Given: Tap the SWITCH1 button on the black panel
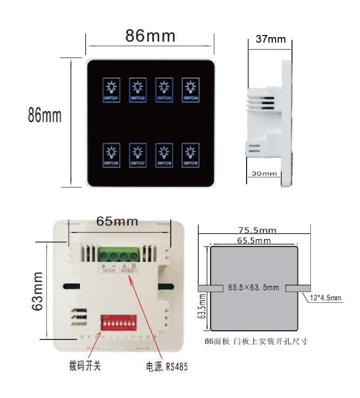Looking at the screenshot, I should point(112,90).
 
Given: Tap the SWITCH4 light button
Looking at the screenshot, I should point(190,90).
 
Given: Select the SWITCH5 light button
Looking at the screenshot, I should point(190,155).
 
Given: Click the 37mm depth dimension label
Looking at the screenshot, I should point(271,39).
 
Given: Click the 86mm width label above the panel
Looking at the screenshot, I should point(150,36).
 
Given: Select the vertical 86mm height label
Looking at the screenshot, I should point(45,115).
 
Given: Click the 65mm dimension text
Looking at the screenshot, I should point(117,221).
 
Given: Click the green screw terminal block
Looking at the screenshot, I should point(119,255).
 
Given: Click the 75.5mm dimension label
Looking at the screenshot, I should point(257,230).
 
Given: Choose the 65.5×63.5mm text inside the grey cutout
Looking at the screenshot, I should point(254,287).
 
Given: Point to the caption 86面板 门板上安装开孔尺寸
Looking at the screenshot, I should point(256,341).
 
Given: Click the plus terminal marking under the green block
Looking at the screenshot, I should point(103,266).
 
